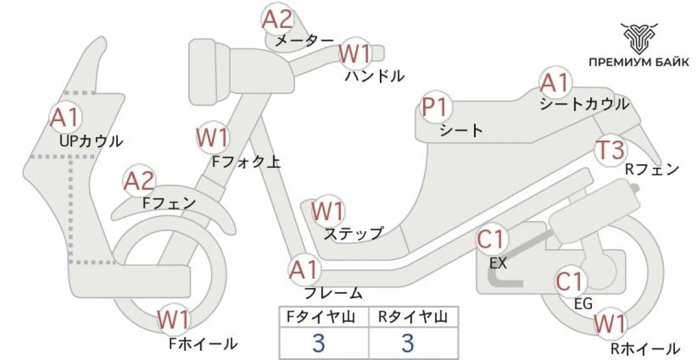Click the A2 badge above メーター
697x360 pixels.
tap(276, 20)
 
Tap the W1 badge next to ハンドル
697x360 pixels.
tap(355, 54)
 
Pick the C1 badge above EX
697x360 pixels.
tap(493, 239)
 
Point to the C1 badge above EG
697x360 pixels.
tap(570, 282)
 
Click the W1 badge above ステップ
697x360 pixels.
tap(328, 210)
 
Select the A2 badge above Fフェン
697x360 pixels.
tap(140, 182)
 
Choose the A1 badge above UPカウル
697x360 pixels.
tap(64, 118)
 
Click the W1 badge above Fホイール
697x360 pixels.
tap(174, 320)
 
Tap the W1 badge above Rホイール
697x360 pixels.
tap(610, 322)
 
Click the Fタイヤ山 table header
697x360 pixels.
tap(324, 316)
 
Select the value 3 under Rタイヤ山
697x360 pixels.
tap(408, 343)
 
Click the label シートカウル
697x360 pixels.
tap(584, 105)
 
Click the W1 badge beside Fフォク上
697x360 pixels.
tap(213, 138)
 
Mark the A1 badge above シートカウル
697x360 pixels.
tap(555, 83)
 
